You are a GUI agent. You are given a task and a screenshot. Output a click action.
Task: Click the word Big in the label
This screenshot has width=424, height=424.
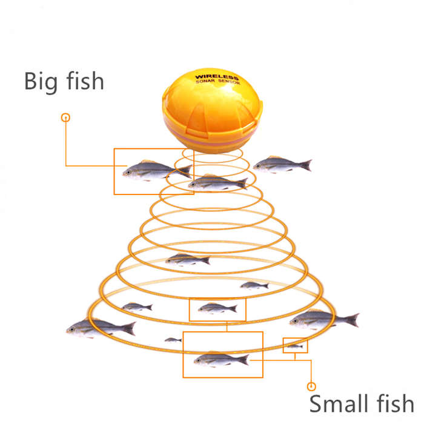41,82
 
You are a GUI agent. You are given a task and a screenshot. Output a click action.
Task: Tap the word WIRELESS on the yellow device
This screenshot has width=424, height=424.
217,77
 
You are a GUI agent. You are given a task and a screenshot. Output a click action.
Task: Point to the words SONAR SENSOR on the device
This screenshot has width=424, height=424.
217,81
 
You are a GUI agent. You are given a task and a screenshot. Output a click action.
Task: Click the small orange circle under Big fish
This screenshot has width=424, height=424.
65,118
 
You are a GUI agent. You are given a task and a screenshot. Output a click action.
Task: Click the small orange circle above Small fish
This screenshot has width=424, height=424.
311,386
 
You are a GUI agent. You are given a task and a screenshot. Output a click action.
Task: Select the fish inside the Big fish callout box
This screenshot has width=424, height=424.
157,170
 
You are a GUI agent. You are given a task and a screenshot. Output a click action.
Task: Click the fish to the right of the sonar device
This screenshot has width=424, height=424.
282,164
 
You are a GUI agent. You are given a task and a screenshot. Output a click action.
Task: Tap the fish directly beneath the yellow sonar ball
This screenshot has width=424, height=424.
218,182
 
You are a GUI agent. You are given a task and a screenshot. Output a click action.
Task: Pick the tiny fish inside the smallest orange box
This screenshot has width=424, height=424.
296,346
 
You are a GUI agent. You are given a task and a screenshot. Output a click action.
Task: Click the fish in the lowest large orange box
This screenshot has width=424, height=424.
222,359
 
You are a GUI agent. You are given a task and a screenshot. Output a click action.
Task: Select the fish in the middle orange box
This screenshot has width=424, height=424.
217,308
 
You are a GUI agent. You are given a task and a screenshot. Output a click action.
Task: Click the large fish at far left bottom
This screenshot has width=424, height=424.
101,328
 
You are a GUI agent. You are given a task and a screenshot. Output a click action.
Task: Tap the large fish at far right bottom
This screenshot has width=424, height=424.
324,320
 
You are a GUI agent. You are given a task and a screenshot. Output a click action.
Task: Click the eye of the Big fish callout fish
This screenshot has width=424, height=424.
128,172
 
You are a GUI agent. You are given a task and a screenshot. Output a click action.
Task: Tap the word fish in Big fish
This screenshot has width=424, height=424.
85,81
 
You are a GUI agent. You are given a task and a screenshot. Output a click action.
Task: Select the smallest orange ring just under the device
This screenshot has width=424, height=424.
212,154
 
